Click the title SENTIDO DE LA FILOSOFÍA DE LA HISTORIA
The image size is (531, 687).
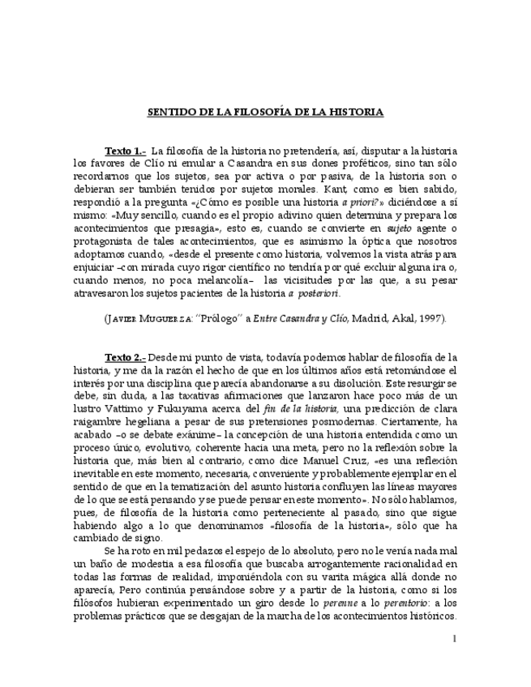pyautogui.click(x=264, y=112)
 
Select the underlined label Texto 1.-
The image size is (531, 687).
pyautogui.click(x=125, y=151)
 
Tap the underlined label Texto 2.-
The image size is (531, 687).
pyautogui.click(x=125, y=356)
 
